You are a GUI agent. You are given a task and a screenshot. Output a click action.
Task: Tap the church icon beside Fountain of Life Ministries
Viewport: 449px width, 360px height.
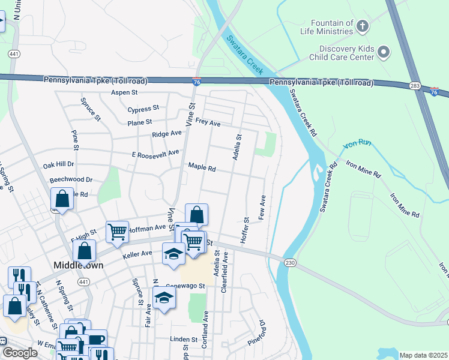pyautogui.click(x=362, y=26)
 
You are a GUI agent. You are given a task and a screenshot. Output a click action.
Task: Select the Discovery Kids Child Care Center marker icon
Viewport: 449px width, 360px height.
pyautogui.click(x=384, y=53)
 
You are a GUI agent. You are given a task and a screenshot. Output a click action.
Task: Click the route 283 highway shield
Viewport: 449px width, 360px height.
pyautogui.click(x=414, y=87)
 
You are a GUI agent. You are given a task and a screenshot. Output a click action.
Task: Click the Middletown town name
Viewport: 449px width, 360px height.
pyautogui.click(x=79, y=265)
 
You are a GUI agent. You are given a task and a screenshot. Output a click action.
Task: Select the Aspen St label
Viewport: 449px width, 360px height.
pyautogui.click(x=124, y=92)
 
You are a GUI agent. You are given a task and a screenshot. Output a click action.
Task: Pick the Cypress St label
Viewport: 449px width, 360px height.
pyautogui.click(x=143, y=109)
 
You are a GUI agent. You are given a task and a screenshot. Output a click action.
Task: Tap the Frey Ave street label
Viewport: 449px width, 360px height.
pyautogui.click(x=208, y=123)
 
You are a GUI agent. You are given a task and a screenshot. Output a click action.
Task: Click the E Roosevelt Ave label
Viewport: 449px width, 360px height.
pyautogui.click(x=155, y=154)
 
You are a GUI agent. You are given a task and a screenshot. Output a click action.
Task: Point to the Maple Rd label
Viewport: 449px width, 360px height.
pyautogui.click(x=202, y=167)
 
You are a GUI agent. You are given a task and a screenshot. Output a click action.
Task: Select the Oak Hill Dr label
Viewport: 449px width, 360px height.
pyautogui.click(x=58, y=164)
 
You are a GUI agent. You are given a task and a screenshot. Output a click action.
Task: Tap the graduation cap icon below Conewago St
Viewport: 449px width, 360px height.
pyautogui.click(x=164, y=298)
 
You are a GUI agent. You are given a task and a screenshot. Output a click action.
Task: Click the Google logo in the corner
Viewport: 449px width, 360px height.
pyautogui.click(x=20, y=353)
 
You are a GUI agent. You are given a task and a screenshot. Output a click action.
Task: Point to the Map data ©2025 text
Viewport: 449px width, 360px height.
pyautogui.click(x=423, y=355)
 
